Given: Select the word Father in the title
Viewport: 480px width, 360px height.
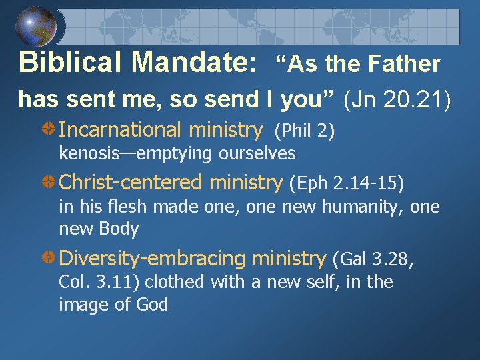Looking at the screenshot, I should point(406,64).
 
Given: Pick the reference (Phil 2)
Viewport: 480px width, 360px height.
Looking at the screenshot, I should point(304,131).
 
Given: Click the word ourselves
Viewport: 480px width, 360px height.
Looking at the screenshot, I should point(257,154).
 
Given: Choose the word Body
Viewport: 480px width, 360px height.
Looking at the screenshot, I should point(118,229).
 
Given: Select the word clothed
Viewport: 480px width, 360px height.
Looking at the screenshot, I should point(175,282).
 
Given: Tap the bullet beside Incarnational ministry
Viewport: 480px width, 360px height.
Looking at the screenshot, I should point(49,129).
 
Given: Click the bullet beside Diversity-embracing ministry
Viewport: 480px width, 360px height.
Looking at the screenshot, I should point(49,258).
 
